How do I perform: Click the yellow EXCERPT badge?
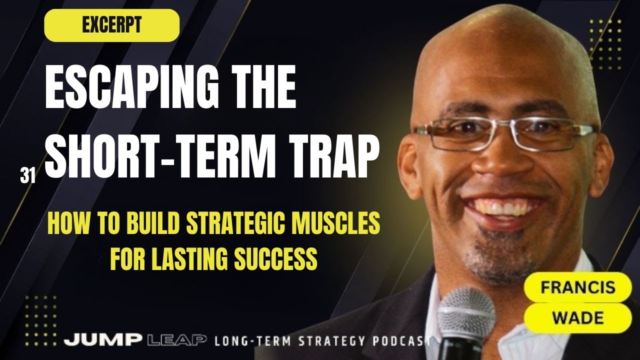(111, 25)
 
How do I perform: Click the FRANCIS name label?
(577, 288)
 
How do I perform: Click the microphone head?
(465, 312)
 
